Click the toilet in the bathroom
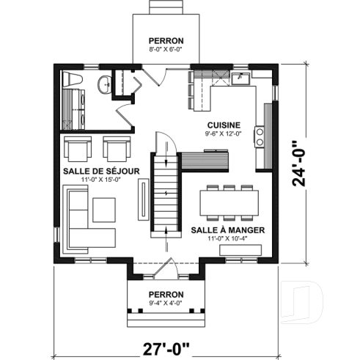[73, 79]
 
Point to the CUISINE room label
[220, 124]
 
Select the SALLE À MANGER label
[227, 229]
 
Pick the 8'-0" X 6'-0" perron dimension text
[166, 51]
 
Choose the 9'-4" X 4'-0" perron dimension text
[165, 303]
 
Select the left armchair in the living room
[77, 149]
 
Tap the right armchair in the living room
[116, 149]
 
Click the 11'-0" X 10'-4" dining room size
[227, 238]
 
